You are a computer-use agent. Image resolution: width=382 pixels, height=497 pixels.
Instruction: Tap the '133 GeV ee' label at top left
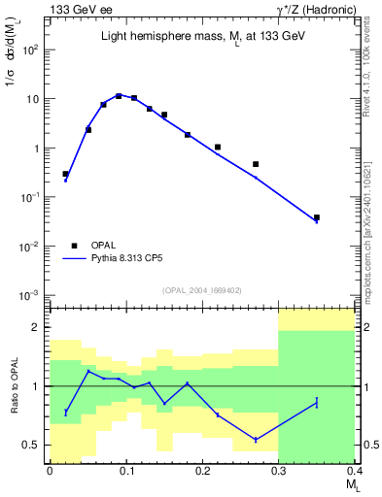click(x=79, y=9)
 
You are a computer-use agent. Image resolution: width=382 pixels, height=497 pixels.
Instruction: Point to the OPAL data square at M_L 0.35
click(x=317, y=217)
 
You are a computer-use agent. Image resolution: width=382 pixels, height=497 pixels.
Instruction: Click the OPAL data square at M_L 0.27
click(x=256, y=164)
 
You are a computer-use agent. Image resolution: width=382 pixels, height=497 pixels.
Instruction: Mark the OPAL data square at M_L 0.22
click(x=217, y=148)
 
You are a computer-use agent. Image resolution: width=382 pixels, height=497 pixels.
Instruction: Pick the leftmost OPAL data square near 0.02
click(x=65, y=174)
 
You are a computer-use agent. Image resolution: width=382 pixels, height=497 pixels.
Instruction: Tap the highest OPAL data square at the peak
click(x=119, y=96)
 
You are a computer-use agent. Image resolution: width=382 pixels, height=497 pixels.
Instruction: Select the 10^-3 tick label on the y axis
click(x=32, y=295)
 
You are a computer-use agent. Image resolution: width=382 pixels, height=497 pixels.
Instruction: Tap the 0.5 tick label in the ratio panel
click(x=35, y=446)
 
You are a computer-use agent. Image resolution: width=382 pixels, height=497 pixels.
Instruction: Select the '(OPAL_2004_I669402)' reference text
click(x=201, y=289)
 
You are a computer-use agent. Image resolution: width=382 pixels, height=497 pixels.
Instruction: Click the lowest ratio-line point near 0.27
click(x=256, y=440)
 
